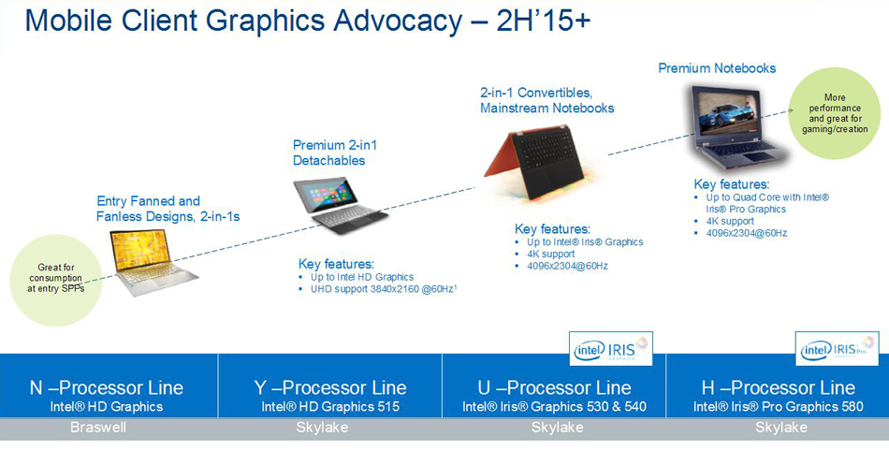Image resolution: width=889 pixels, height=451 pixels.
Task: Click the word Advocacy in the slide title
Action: (x=397, y=22)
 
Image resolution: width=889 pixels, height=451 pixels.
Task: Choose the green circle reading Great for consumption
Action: (x=56, y=280)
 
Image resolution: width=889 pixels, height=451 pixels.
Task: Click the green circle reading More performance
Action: (x=835, y=114)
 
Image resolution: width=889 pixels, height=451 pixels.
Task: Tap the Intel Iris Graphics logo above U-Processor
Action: (x=611, y=348)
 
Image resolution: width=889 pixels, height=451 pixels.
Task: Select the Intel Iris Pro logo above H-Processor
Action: (x=837, y=348)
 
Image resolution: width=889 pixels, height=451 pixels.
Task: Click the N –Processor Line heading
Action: (x=107, y=387)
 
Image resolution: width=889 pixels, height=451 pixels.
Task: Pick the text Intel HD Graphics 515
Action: (x=330, y=407)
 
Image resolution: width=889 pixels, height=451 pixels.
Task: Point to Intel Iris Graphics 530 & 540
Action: (x=554, y=407)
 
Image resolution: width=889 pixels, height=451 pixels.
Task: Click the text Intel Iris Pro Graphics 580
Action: (x=778, y=407)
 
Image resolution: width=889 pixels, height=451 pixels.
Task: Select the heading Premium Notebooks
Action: (x=717, y=68)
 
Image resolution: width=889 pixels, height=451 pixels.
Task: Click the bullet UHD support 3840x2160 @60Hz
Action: (x=384, y=289)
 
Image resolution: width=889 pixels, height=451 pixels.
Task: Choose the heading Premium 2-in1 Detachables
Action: (x=334, y=153)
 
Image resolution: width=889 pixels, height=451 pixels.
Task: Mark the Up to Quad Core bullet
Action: (x=767, y=203)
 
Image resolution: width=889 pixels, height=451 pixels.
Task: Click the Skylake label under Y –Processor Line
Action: (x=322, y=428)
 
